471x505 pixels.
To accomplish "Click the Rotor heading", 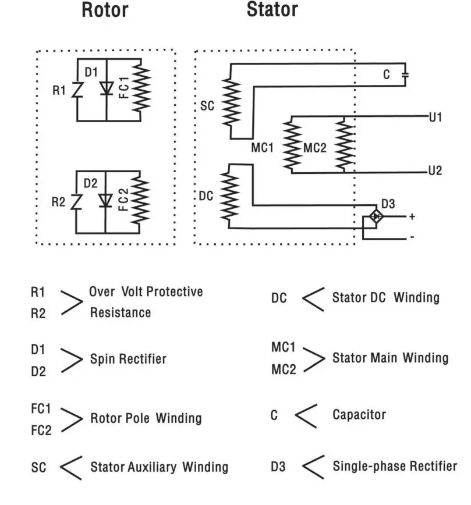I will click(x=105, y=10).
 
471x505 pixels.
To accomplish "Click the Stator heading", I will click(x=272, y=10).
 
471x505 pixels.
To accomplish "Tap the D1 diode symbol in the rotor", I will click(x=106, y=88).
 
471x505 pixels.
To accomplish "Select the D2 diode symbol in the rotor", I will click(x=106, y=200).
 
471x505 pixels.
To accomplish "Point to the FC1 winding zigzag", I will click(x=141, y=88).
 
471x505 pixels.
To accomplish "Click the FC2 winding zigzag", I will click(x=141, y=200).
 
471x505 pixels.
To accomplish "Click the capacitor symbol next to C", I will click(x=406, y=74).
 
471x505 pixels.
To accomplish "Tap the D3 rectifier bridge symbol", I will click(x=376, y=216).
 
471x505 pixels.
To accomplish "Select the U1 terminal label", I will click(x=435, y=118).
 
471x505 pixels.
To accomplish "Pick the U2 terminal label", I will click(x=435, y=172).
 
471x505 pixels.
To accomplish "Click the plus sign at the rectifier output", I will click(x=412, y=216).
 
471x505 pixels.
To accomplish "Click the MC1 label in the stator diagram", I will click(x=263, y=148).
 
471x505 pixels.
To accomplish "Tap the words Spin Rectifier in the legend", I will click(x=128, y=359).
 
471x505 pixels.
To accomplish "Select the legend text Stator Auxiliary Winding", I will click(x=159, y=467).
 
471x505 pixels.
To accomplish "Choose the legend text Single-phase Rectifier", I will click(x=395, y=466).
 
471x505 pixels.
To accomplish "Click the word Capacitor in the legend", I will click(x=359, y=414).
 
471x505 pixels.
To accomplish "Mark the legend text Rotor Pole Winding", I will click(x=146, y=418).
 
